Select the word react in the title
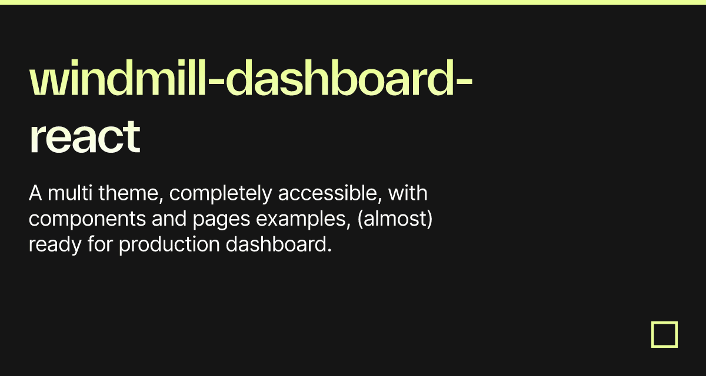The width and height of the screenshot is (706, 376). coord(84,137)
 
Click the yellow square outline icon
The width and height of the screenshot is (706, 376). coord(664,334)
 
